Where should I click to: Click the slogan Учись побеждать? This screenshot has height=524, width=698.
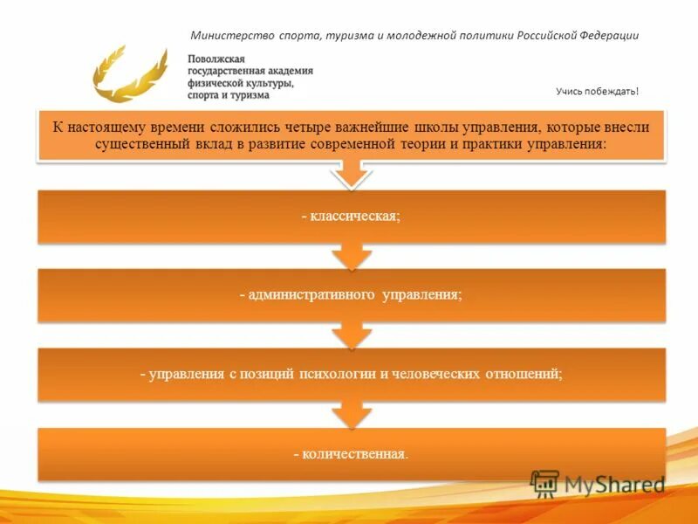[598, 91]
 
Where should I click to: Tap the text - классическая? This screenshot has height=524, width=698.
[352, 217]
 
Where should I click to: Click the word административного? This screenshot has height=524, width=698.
[313, 295]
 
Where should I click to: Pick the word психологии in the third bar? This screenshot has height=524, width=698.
[345, 374]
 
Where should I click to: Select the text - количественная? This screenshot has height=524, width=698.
[351, 454]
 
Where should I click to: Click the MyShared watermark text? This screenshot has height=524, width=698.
[614, 484]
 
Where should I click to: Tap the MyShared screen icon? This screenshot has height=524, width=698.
[544, 484]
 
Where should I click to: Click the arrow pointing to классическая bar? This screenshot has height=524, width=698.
[351, 176]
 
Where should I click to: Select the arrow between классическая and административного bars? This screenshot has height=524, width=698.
[351, 257]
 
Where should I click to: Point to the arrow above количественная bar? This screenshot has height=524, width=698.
[351, 416]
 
